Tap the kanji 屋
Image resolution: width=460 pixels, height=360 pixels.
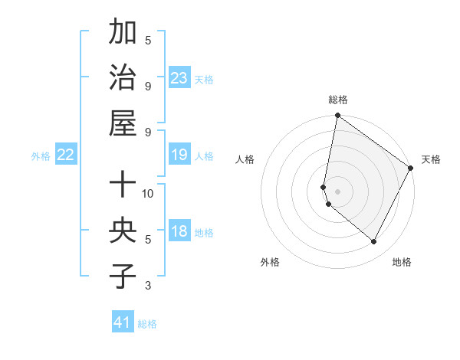click(x=123, y=123)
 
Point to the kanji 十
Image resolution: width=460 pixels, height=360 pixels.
click(x=123, y=185)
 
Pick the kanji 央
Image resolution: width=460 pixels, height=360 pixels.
click(x=123, y=231)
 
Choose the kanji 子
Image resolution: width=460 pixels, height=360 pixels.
click(x=123, y=276)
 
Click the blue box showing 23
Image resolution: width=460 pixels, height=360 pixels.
click(x=179, y=77)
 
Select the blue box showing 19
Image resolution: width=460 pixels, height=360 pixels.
click(x=179, y=155)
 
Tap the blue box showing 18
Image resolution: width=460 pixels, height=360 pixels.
click(x=179, y=231)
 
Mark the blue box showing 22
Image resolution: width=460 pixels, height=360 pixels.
click(x=65, y=155)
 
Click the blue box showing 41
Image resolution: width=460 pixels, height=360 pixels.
click(x=123, y=322)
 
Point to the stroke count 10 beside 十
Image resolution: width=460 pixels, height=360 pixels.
click(x=148, y=193)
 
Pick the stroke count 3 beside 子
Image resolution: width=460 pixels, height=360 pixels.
click(x=148, y=286)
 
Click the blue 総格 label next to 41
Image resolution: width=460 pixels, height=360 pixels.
click(x=147, y=324)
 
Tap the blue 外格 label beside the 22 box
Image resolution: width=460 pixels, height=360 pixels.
click(x=41, y=156)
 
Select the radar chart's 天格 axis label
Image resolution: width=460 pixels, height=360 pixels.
click(x=431, y=160)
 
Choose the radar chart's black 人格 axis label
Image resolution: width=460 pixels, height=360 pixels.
click(x=245, y=160)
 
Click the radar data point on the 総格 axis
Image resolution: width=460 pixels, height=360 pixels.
click(x=337, y=116)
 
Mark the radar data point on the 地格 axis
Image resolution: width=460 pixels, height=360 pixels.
click(x=374, y=242)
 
